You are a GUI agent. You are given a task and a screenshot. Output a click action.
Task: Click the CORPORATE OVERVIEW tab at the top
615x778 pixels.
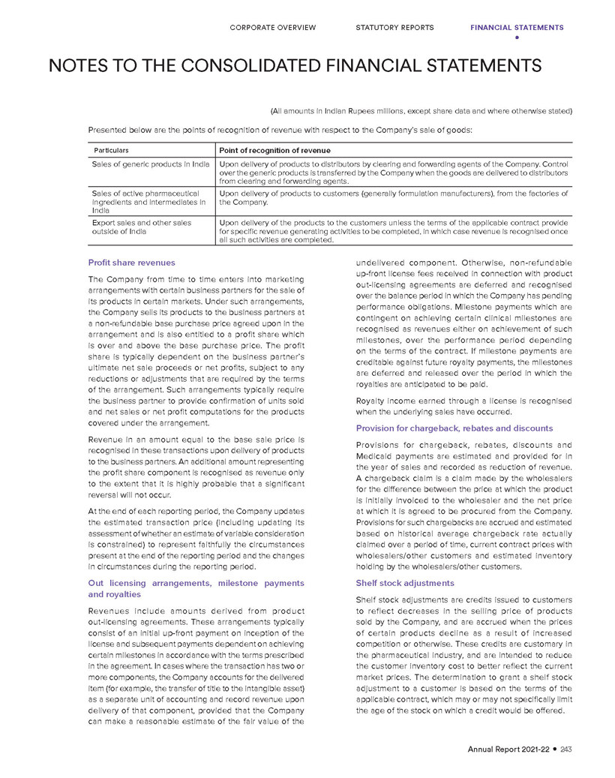click(273, 28)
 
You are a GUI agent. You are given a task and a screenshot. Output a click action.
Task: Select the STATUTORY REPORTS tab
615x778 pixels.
click(394, 28)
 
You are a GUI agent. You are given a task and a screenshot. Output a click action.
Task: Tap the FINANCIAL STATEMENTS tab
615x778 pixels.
click(517, 28)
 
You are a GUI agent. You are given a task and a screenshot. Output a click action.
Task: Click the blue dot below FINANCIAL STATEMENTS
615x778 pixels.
click(517, 38)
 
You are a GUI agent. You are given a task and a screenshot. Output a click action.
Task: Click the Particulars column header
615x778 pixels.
click(110, 150)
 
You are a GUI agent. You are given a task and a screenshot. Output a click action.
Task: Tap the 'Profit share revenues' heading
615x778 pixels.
click(131, 263)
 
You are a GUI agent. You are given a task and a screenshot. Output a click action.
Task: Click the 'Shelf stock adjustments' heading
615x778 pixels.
click(405, 583)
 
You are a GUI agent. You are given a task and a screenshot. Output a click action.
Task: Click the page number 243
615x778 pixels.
click(566, 749)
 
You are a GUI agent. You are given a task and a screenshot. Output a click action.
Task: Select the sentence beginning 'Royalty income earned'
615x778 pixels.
click(463, 406)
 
